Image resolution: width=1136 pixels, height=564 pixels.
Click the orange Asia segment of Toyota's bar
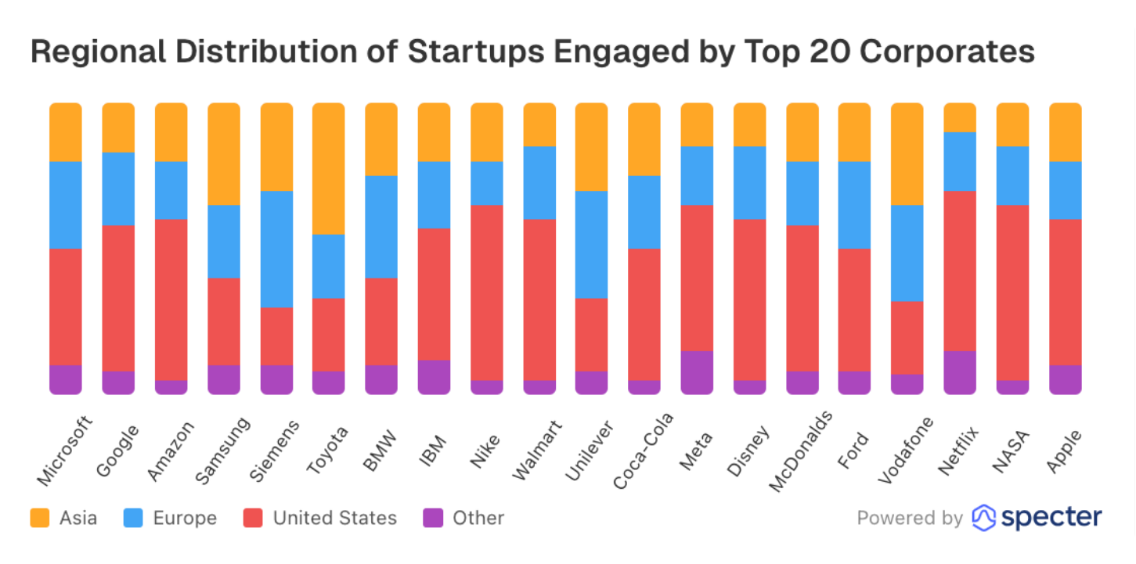point(328,168)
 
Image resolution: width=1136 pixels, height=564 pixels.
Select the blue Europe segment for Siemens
point(276,249)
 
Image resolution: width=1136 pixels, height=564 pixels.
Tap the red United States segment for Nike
point(486,293)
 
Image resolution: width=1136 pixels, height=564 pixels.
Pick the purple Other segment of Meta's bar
point(697,372)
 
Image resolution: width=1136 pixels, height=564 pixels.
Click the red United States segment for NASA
point(1012,293)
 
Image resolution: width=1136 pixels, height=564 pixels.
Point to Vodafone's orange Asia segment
point(907,153)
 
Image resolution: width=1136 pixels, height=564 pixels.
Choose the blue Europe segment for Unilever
point(591,244)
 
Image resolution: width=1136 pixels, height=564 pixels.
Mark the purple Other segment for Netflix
point(960,372)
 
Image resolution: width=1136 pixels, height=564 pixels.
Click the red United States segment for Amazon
point(171,300)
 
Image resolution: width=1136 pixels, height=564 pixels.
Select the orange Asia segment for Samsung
point(223,153)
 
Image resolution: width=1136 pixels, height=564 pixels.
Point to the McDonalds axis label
point(800,453)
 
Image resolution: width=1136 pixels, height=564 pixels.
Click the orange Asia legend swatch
point(39,518)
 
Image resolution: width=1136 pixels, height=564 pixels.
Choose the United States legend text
point(334,518)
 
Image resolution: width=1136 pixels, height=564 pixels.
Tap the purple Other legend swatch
point(432,518)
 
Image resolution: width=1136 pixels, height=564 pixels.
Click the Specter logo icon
point(983,518)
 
